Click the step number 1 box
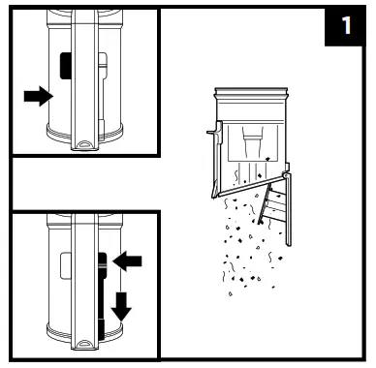click(346, 26)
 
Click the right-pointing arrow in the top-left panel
click(39, 96)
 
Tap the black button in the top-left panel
click(66, 66)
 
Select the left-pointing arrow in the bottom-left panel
click(127, 261)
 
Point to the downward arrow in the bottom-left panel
click(121, 306)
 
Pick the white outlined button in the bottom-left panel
click(66, 265)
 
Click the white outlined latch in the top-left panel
click(103, 94)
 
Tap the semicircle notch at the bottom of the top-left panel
click(84, 143)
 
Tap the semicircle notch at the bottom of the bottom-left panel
click(84, 344)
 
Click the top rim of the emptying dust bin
click(251, 94)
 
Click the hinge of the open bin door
click(286, 174)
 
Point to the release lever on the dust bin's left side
click(216, 133)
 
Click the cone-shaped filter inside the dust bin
click(253, 142)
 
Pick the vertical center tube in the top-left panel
click(84, 79)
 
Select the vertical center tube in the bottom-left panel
click(84, 282)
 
